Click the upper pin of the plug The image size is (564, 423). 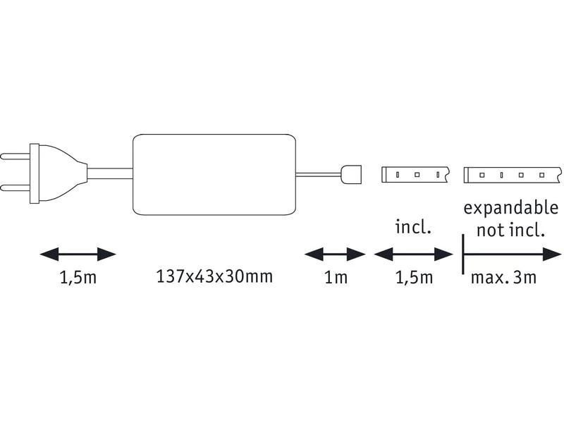coord(15,157)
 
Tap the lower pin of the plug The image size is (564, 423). coord(15,188)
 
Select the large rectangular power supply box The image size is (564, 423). coord(214,174)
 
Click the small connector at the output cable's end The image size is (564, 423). coord(351,174)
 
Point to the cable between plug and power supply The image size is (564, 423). coord(110,174)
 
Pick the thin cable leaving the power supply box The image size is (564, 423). coord(319,175)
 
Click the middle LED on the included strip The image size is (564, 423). coord(417,175)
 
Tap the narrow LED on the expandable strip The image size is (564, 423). coord(501,175)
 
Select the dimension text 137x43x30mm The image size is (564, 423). coord(214,276)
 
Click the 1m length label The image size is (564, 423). coord(336,277)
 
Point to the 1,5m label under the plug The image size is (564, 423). coord(78,277)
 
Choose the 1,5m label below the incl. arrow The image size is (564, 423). coord(414,277)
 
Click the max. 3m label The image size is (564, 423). coord(503,277)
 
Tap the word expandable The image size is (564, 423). coord(510,209)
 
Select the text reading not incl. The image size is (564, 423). coord(510,230)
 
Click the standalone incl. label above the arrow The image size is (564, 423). coord(413,227)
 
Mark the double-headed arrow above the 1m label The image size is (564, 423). coord(336,255)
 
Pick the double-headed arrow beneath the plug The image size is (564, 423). coord(78,255)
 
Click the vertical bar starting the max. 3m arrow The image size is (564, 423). coord(463,255)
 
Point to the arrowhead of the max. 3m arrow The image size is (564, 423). coord(552,255)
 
